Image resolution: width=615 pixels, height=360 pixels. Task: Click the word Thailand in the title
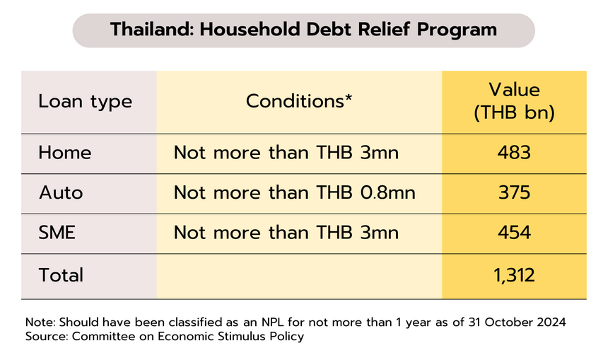click(x=152, y=30)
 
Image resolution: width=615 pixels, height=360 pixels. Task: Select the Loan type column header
click(x=85, y=102)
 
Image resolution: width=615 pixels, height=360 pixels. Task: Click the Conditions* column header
click(x=299, y=101)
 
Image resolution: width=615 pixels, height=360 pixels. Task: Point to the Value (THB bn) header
click(x=514, y=101)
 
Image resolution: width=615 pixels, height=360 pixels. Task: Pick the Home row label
click(x=65, y=152)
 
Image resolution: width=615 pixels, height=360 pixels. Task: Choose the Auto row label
click(x=61, y=192)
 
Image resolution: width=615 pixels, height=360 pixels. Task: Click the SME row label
click(x=57, y=233)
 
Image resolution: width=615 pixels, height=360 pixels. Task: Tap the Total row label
click(x=61, y=275)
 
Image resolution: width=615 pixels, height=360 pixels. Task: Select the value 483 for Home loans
click(x=514, y=152)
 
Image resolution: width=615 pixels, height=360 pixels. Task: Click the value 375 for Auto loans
click(x=514, y=192)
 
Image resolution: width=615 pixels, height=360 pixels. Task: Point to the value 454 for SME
click(x=514, y=233)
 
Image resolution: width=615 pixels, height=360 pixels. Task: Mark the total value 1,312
click(x=514, y=275)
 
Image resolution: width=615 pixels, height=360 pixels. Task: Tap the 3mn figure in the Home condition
click(x=380, y=152)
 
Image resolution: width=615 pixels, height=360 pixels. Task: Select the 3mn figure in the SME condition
click(x=380, y=233)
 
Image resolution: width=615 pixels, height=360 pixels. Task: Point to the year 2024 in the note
click(x=551, y=322)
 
